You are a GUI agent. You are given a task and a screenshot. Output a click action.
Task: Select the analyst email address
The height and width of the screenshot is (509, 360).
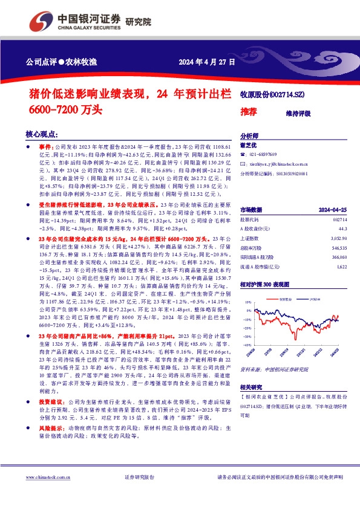click(x=279, y=164)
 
